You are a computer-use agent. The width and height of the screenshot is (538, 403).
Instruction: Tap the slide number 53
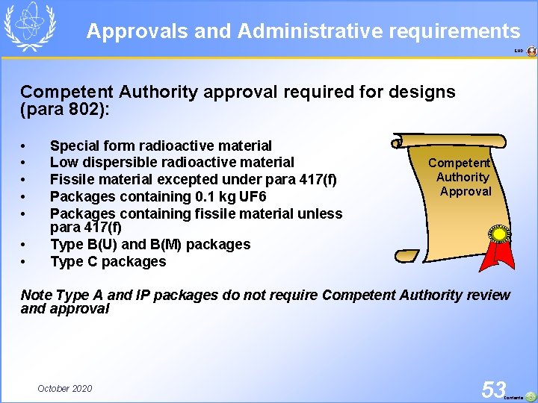coord(494,389)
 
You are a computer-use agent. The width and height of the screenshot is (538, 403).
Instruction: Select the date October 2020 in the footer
coord(65,388)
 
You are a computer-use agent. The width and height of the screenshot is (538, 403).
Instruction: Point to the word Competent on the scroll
coord(459,163)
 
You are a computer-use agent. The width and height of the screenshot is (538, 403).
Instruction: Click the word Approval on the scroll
coord(466,191)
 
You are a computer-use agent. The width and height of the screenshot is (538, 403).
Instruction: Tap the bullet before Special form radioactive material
coord(25,146)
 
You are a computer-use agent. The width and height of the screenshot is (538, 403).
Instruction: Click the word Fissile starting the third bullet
coord(72,179)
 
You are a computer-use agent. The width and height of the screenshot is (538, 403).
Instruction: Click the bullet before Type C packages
coord(25,262)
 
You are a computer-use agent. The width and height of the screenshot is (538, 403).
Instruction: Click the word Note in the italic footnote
coord(37,295)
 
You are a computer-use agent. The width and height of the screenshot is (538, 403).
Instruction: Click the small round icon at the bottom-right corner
coord(530,396)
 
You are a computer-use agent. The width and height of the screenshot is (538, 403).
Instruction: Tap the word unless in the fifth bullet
coord(320,213)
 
